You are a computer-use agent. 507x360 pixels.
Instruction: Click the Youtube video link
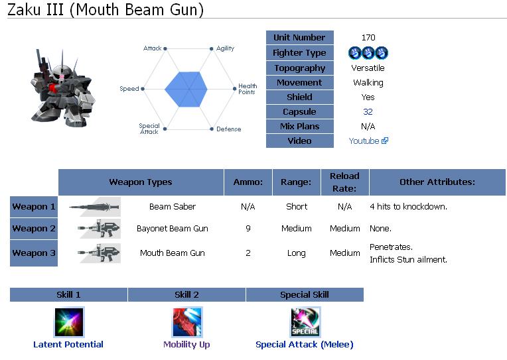pos(364,141)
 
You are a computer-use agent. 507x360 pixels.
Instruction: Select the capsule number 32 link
pos(368,112)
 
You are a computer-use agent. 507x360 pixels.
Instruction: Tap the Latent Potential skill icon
pos(68,322)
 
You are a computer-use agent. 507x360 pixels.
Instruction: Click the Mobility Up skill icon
pos(186,322)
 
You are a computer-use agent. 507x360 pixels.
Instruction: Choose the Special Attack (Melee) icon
pos(305,322)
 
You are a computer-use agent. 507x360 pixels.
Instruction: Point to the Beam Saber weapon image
pos(95,207)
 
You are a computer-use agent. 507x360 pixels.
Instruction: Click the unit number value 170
pos(368,38)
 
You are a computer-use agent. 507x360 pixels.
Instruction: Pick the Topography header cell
pos(299,68)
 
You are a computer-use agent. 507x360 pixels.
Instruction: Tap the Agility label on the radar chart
pos(225,48)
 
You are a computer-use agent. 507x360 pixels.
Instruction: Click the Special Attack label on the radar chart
pos(149,129)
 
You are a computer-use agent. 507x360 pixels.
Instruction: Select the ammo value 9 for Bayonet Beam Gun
pos(248,229)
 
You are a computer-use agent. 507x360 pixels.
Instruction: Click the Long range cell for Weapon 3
pos(297,253)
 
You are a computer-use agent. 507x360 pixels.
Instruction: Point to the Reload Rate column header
pos(344,182)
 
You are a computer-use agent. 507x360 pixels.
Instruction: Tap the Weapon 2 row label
pos(34,229)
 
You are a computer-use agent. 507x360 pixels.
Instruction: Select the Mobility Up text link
pos(186,345)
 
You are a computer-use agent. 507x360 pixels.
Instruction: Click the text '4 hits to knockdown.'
pos(408,207)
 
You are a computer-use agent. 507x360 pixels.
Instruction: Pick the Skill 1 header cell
pos(68,295)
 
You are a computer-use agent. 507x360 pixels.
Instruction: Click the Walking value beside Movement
pos(368,83)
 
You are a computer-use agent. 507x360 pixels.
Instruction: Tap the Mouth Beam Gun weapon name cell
pos(173,253)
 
